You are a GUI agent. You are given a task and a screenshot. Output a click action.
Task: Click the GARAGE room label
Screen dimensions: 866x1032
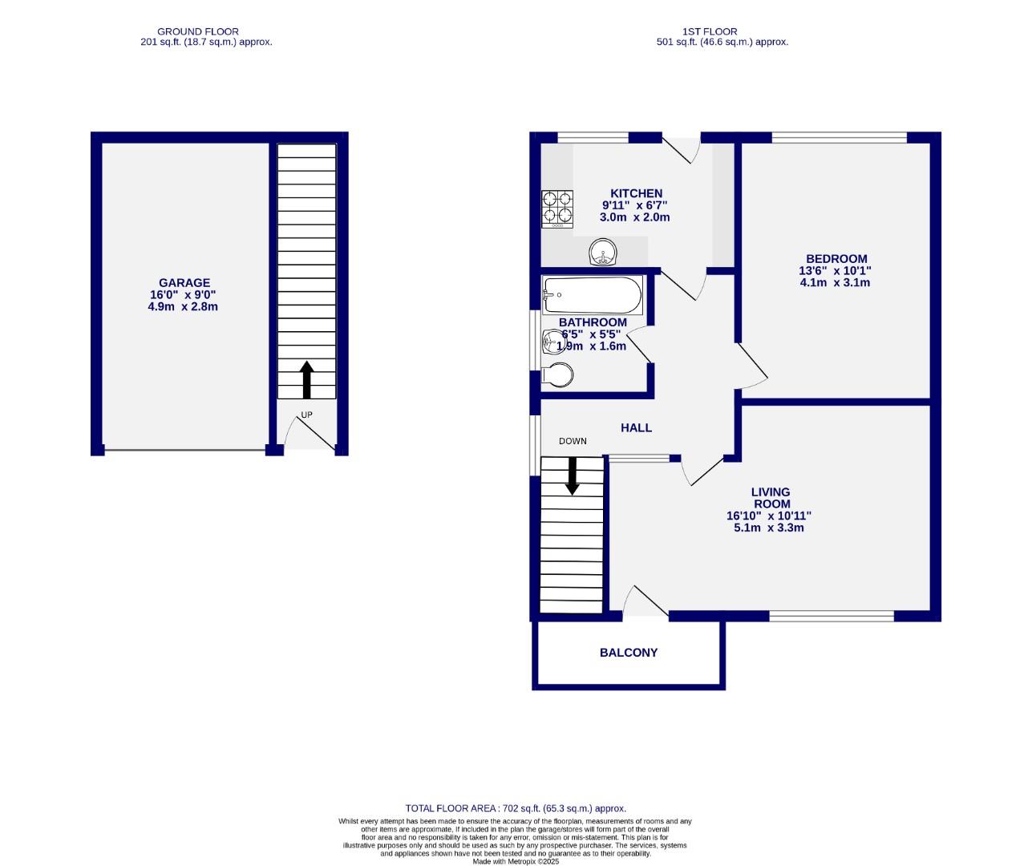(184, 282)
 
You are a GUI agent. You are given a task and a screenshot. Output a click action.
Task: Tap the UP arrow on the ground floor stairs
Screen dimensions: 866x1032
(306, 379)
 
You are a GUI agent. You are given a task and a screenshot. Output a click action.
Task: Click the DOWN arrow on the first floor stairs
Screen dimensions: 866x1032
(572, 475)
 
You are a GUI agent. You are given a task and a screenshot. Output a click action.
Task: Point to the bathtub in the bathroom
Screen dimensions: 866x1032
(592, 295)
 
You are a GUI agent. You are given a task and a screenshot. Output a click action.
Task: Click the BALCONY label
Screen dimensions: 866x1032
(628, 653)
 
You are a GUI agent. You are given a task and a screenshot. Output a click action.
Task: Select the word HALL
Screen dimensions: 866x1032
(636, 428)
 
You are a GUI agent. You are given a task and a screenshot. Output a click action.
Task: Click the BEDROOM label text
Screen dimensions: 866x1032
(836, 258)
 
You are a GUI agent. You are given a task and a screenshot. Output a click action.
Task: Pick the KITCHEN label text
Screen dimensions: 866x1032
(636, 193)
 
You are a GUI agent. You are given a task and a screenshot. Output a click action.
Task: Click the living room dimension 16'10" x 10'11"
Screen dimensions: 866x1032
(770, 516)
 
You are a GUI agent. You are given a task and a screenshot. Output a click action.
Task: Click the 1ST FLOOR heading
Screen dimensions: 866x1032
(721, 32)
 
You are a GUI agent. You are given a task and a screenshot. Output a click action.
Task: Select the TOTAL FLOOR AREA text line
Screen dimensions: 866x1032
(516, 808)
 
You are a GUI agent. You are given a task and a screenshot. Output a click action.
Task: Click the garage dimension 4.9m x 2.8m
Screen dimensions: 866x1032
(184, 306)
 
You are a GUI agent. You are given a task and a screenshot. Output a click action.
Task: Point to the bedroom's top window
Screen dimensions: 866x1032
(839, 137)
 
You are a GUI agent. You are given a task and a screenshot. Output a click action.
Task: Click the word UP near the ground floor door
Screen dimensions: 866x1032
(306, 415)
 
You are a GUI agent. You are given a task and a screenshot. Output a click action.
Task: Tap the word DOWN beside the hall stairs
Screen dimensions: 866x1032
(573, 441)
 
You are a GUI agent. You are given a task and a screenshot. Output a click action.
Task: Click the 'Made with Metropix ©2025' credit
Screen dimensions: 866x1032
(516, 861)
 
